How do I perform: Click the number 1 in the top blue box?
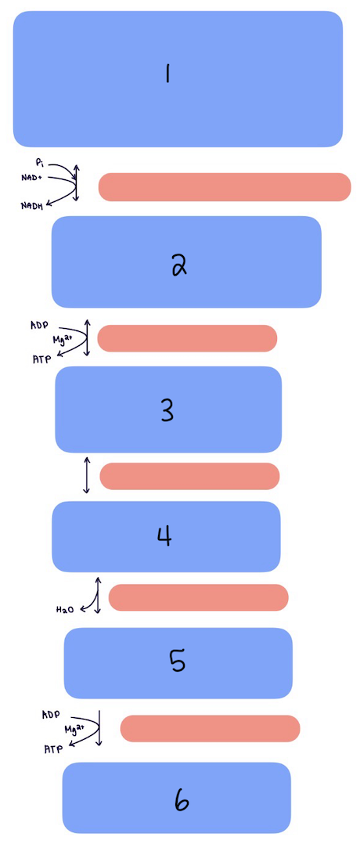pyautogui.click(x=167, y=74)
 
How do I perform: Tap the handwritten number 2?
pyautogui.click(x=179, y=266)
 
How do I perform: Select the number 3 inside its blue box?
pyautogui.click(x=167, y=410)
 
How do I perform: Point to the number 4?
pyautogui.click(x=164, y=536)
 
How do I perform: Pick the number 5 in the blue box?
pyautogui.click(x=177, y=662)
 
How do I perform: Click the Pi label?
pyautogui.click(x=40, y=163)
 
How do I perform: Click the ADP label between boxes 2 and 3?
pyautogui.click(x=39, y=324)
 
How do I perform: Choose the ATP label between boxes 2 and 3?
pyautogui.click(x=41, y=357)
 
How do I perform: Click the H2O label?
pyautogui.click(x=65, y=608)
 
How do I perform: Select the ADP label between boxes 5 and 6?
pyautogui.click(x=51, y=714)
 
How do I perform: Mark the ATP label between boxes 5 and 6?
pyautogui.click(x=53, y=748)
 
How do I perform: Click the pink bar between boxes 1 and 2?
pyautogui.click(x=225, y=187)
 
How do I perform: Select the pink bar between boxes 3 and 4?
pyautogui.click(x=189, y=476)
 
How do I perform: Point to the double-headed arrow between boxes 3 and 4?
pyautogui.click(x=86, y=475)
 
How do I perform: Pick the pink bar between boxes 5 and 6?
pyautogui.click(x=210, y=728)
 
